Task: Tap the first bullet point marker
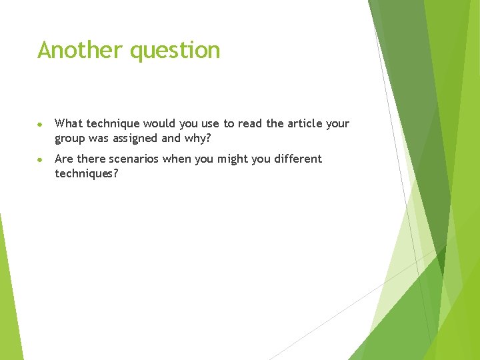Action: [x=41, y=124]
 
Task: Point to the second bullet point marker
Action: [x=41, y=159]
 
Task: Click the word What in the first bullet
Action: [x=69, y=123]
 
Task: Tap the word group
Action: [x=71, y=139]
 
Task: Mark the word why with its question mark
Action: [x=198, y=139]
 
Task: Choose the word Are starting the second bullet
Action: [x=64, y=159]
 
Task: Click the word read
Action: [x=249, y=123]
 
